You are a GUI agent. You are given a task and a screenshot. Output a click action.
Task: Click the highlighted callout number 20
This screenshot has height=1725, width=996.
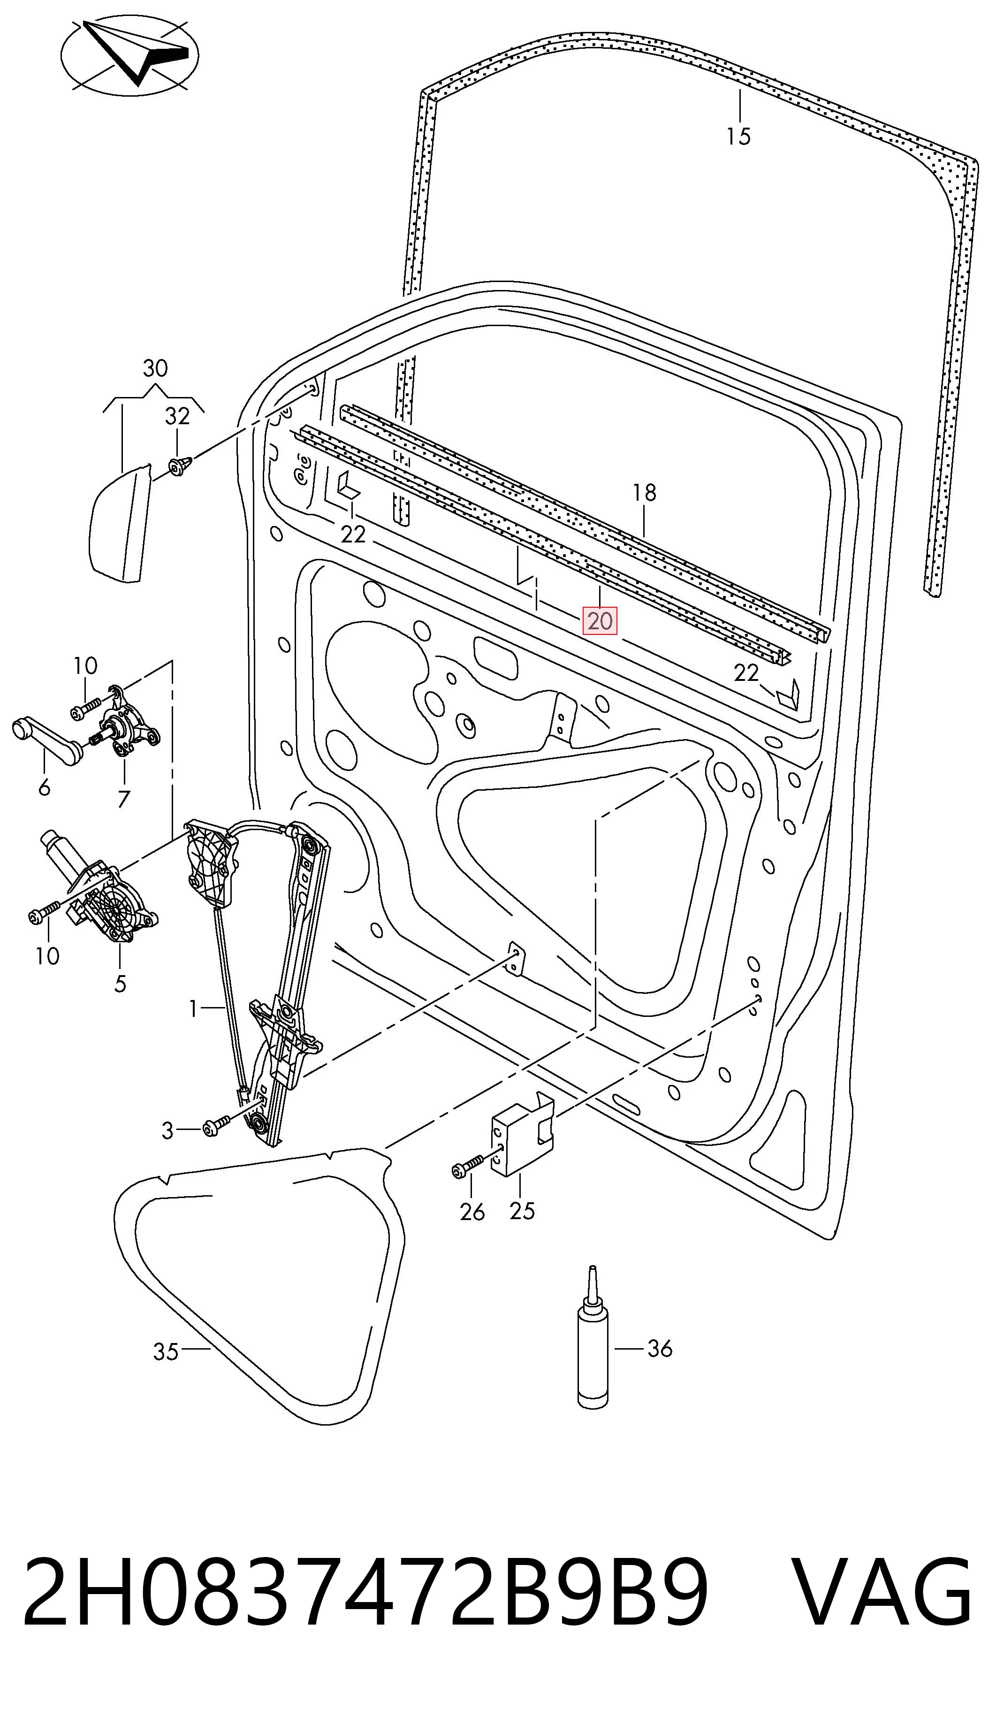(599, 621)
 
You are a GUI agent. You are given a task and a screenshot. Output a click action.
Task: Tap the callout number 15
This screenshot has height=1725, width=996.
(739, 137)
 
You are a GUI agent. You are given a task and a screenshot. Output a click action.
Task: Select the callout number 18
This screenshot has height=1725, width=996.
(645, 493)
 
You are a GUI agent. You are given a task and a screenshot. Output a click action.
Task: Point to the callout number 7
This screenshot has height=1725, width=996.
(124, 799)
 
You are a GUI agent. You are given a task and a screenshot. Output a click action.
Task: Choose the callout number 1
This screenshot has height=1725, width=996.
(194, 1008)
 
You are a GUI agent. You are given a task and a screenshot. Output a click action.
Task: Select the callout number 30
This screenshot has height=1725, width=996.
(155, 369)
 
